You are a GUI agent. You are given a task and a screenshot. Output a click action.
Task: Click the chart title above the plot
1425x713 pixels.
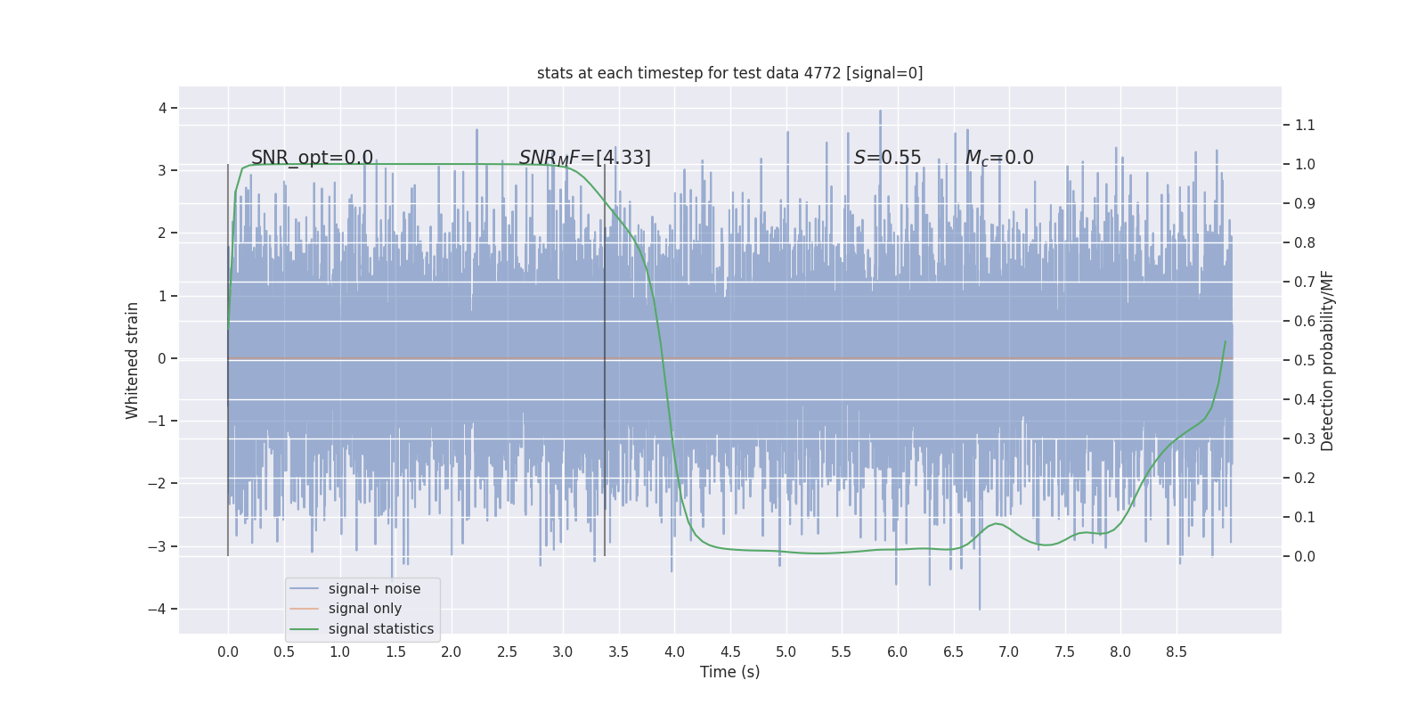[x=729, y=73]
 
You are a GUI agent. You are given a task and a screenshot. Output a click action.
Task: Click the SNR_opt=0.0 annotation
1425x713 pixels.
[x=312, y=158]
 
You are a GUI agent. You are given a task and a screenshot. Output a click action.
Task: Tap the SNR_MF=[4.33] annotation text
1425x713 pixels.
[x=584, y=158]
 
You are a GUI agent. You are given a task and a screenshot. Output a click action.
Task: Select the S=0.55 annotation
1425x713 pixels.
[x=887, y=158]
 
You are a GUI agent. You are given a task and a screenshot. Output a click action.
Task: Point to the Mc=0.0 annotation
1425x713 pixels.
[x=999, y=158]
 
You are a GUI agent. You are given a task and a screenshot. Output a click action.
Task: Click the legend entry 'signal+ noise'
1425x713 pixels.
[x=374, y=589]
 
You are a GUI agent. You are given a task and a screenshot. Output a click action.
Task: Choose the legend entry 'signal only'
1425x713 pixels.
[x=364, y=609]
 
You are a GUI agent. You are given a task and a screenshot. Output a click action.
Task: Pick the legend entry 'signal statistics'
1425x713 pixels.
[x=380, y=629]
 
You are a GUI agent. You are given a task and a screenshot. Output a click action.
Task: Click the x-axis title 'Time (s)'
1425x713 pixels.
[x=729, y=672]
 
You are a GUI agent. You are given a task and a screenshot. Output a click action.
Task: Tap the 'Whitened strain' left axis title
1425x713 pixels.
[x=133, y=360]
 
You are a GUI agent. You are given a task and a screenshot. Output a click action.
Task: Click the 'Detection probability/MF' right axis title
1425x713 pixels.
[x=1328, y=360]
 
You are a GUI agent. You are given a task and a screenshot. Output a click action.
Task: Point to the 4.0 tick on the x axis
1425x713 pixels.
[x=674, y=652]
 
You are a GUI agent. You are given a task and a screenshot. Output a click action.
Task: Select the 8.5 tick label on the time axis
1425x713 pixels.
[x=1176, y=652]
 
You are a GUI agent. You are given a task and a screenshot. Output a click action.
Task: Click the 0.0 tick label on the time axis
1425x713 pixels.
[x=228, y=652]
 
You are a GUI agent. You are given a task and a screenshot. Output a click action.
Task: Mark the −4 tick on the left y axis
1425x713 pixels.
[x=161, y=610]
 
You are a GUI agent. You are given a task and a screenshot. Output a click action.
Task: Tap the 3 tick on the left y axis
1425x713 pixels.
[x=162, y=170]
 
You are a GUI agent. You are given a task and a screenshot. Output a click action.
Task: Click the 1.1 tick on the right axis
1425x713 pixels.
[x=1305, y=125]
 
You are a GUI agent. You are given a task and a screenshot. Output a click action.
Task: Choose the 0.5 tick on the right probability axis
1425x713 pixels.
[x=1305, y=360]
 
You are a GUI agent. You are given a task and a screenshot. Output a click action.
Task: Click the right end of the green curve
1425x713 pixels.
[x=1225, y=341]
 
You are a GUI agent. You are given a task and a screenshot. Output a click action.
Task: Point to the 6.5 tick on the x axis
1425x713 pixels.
[x=953, y=652]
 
